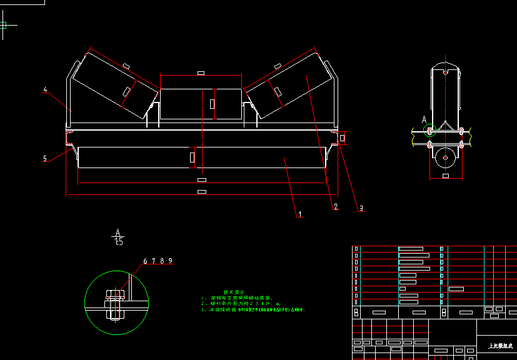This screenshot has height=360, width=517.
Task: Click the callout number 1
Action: (x=299, y=214)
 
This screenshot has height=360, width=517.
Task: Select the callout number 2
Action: (x=335, y=206)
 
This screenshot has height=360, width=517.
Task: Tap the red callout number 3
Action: (x=360, y=209)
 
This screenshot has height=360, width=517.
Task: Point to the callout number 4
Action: (x=46, y=90)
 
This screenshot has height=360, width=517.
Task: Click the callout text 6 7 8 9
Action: (x=158, y=261)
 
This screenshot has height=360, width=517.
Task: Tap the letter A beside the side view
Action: (x=424, y=119)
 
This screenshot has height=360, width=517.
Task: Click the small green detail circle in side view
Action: (x=429, y=131)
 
